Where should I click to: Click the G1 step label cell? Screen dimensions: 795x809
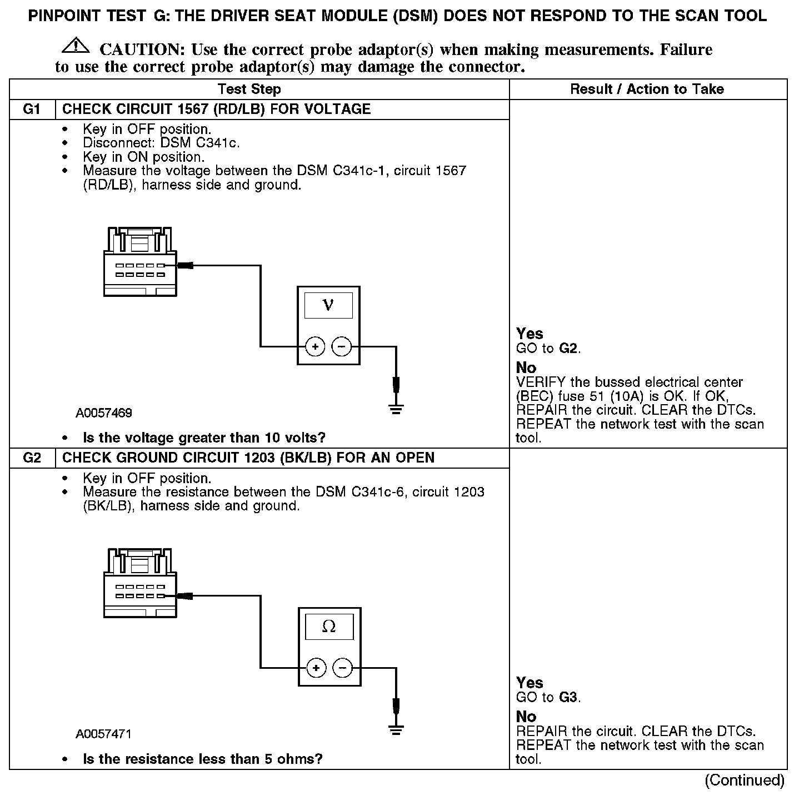(32, 109)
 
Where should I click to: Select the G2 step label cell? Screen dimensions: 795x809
(32, 458)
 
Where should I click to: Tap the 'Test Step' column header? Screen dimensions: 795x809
(249, 89)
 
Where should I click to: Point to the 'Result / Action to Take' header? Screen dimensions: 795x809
(647, 89)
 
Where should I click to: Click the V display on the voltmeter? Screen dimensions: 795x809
(328, 305)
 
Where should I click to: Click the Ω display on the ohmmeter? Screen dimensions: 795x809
(329, 627)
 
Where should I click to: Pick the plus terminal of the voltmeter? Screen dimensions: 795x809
(315, 347)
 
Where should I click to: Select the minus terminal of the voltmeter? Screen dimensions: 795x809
(341, 347)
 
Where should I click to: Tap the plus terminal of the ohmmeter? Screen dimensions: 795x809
(316, 668)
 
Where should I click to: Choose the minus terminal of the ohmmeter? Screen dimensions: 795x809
(342, 668)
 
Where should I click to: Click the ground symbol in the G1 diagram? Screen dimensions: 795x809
(396, 410)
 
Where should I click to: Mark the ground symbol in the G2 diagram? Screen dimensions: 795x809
(396, 731)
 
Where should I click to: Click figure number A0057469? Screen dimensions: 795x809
(104, 413)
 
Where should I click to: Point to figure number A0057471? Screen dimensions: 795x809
(103, 734)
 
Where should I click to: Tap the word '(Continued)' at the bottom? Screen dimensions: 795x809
(744, 781)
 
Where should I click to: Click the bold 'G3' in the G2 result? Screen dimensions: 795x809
(568, 697)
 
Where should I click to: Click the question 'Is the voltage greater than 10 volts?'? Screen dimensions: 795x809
(204, 438)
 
